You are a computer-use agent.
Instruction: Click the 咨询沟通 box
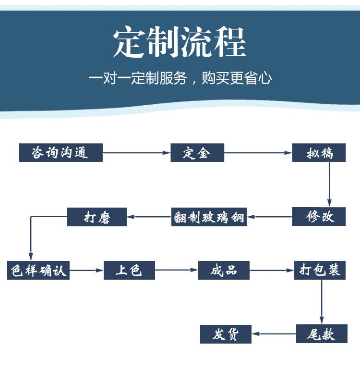point(61,153)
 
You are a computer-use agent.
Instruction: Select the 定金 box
point(197,153)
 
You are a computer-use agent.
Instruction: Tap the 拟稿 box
point(319,153)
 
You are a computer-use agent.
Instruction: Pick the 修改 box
point(319,217)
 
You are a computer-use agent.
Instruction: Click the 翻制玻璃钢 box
point(209,217)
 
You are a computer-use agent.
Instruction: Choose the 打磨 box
point(97,217)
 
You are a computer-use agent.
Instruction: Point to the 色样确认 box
point(38,270)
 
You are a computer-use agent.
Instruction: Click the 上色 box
point(129,270)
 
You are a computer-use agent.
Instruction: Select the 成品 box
point(224,270)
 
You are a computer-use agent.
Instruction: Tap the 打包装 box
point(320,270)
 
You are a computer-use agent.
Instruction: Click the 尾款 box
point(322,333)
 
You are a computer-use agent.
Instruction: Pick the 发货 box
point(226,334)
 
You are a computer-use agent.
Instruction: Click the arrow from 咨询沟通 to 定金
point(137,153)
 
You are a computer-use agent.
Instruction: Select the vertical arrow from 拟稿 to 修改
point(329,185)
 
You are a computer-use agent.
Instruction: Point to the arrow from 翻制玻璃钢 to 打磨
point(149,217)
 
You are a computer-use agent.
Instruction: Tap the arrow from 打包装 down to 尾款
point(322,302)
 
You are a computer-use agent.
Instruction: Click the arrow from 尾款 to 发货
point(274,333)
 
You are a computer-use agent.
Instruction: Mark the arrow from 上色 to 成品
point(177,270)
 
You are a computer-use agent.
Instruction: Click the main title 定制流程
point(180,42)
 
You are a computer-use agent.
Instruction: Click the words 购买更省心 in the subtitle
point(237,78)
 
